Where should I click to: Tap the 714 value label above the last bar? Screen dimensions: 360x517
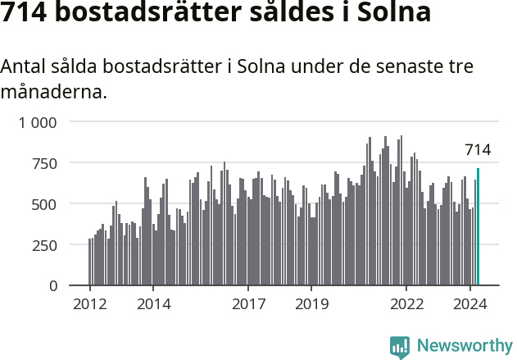(x=478, y=149)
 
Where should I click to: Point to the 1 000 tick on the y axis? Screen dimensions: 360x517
(x=39, y=122)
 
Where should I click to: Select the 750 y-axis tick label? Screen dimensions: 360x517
(x=45, y=163)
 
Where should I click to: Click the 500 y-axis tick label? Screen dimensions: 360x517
(x=45, y=204)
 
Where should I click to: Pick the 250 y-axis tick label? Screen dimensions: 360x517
(x=45, y=245)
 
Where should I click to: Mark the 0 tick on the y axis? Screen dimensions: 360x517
(x=53, y=286)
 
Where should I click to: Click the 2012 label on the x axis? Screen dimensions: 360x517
(x=90, y=304)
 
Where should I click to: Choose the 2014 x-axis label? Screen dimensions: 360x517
(x=153, y=304)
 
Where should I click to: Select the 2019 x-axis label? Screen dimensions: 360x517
(x=311, y=304)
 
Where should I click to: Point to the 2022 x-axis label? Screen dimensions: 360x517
(x=406, y=304)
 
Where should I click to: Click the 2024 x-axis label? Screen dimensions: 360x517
(x=469, y=304)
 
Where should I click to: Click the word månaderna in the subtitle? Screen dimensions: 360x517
(x=53, y=92)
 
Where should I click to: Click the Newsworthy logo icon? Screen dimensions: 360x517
(x=400, y=346)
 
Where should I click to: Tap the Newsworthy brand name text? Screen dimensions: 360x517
(x=464, y=346)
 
